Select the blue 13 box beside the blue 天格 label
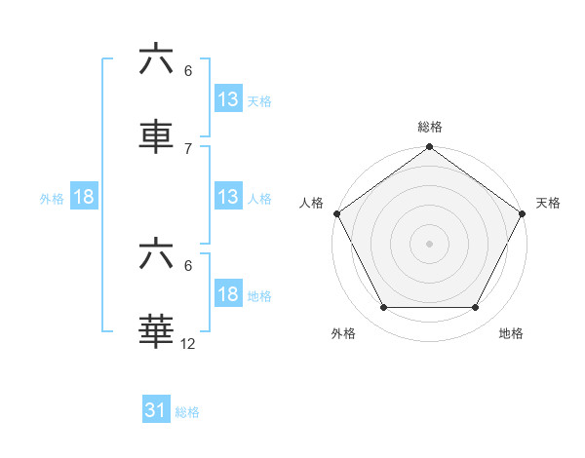[227, 99]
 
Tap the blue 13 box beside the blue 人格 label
[227, 197]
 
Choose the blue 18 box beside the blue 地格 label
[227, 294]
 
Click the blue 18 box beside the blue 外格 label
[84, 197]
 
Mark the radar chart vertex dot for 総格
[429, 148]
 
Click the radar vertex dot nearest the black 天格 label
[523, 214]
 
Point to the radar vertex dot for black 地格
[476, 308]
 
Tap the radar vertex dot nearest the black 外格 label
[383, 308]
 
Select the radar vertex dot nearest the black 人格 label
[336, 214]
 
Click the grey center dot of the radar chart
[429, 243]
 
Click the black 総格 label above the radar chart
[429, 127]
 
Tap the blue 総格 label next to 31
[187, 412]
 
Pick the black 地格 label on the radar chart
[511, 334]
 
